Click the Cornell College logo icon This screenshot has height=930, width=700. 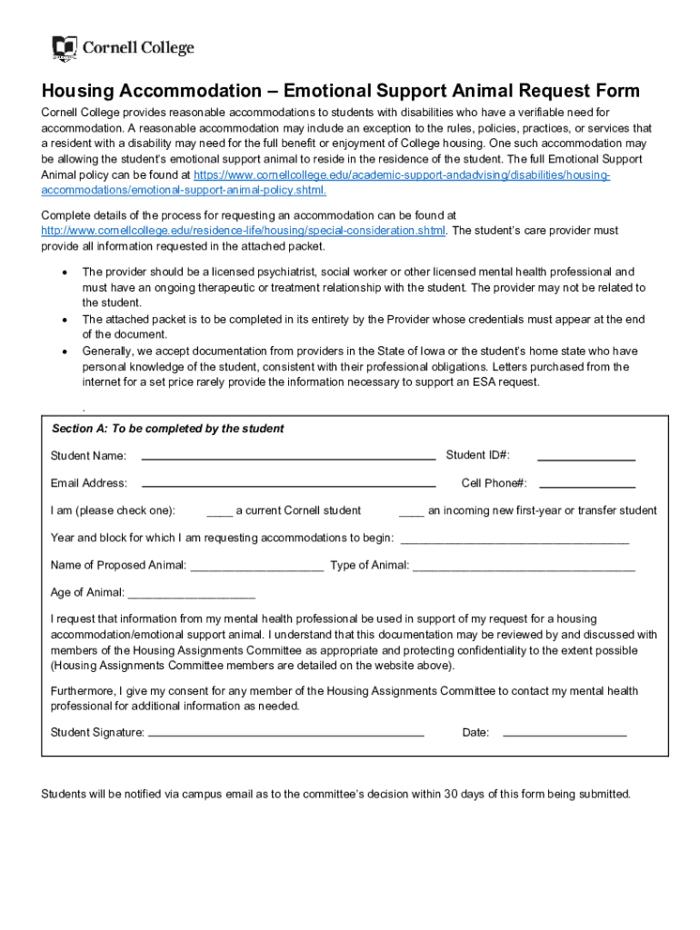(64, 48)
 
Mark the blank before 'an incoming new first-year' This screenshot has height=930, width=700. (411, 512)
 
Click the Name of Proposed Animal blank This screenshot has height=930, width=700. (257, 568)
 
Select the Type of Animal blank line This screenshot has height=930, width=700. (524, 568)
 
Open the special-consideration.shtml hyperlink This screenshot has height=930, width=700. (244, 231)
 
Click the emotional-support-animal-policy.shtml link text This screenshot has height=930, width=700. (184, 190)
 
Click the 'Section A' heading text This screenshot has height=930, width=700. (167, 429)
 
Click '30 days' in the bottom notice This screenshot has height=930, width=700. (465, 794)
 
